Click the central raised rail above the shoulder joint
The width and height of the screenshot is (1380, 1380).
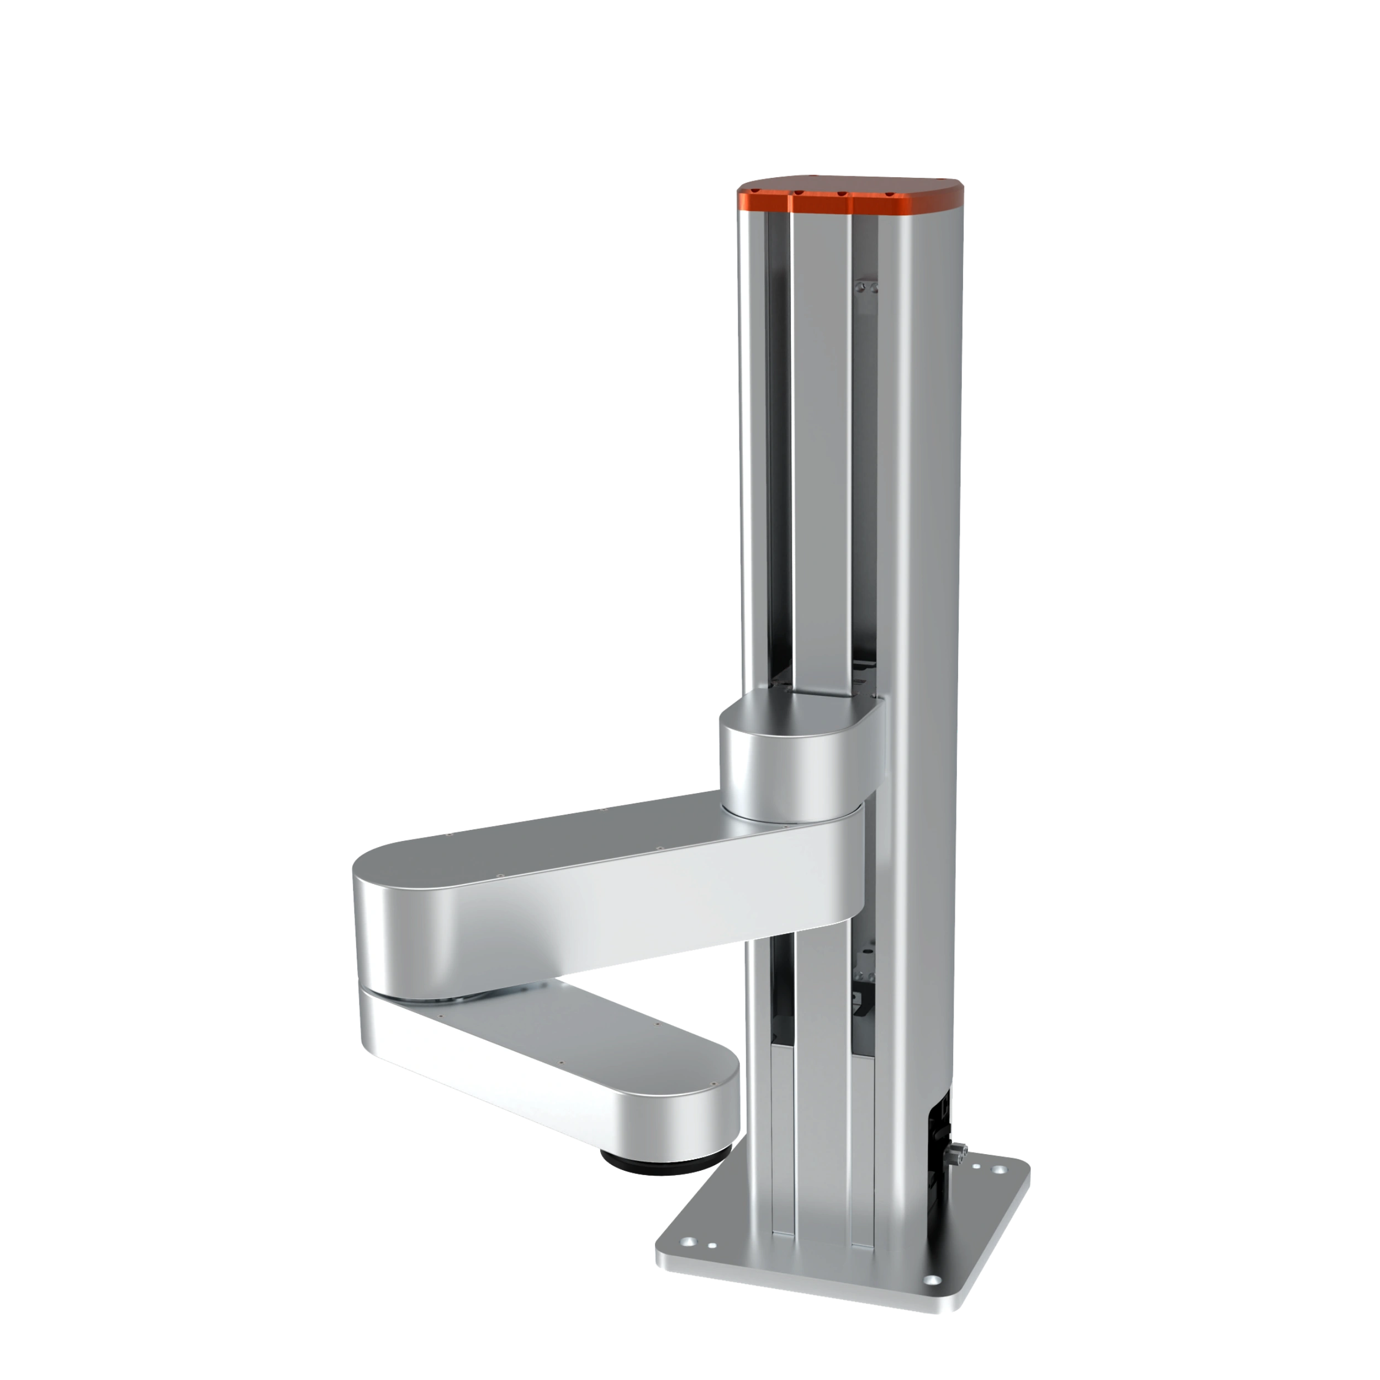coord(822,443)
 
